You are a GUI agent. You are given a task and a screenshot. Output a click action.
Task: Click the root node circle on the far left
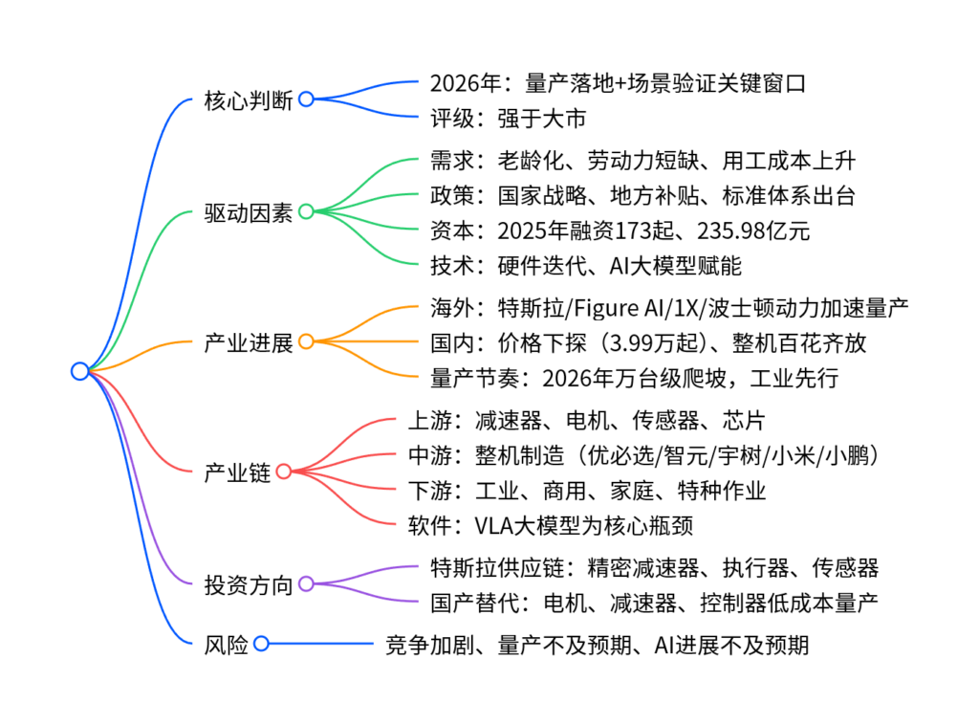tap(79, 371)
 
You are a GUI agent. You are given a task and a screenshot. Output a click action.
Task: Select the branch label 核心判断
tap(248, 99)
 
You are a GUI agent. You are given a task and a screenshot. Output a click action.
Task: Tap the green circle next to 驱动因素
tap(306, 211)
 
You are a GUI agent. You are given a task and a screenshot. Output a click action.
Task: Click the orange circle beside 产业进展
tap(306, 341)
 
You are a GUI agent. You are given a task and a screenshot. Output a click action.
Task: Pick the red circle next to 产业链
tap(284, 471)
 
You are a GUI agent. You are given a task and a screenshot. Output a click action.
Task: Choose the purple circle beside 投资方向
tap(306, 583)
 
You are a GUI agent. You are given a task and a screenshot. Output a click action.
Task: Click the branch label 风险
tap(226, 645)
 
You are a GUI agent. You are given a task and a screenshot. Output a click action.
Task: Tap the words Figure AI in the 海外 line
tap(635, 308)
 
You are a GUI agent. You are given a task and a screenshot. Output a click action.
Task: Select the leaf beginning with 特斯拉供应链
tap(654, 567)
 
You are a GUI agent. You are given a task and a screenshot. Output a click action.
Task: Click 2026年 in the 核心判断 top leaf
tap(459, 84)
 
